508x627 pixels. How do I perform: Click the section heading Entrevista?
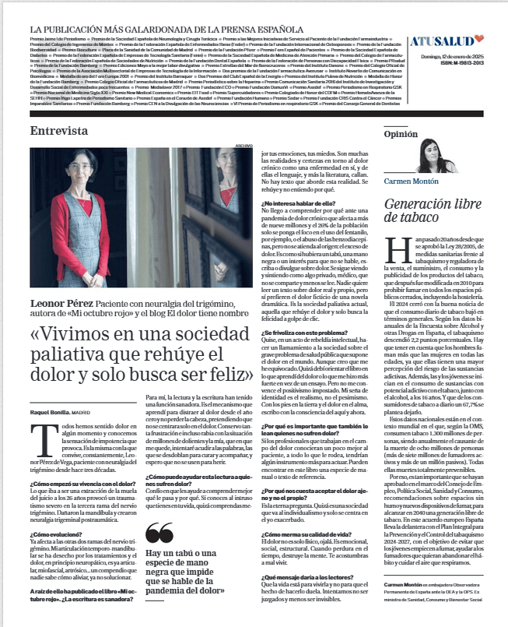(x=59, y=131)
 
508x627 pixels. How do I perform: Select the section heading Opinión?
(x=401, y=134)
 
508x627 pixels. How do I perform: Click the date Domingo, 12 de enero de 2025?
(x=452, y=57)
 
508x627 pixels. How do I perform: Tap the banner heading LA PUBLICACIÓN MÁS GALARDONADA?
(x=151, y=28)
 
